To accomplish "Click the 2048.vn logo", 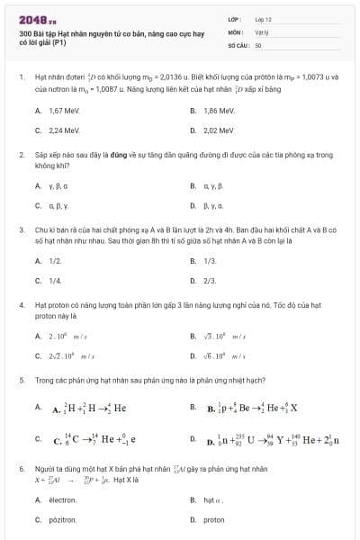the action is point(38,19).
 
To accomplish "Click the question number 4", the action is point(21,305).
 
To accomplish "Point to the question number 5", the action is point(21,381).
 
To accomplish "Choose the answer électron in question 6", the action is point(62,499).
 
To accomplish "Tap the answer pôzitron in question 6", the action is point(62,520).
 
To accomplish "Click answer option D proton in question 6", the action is point(213,520).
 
